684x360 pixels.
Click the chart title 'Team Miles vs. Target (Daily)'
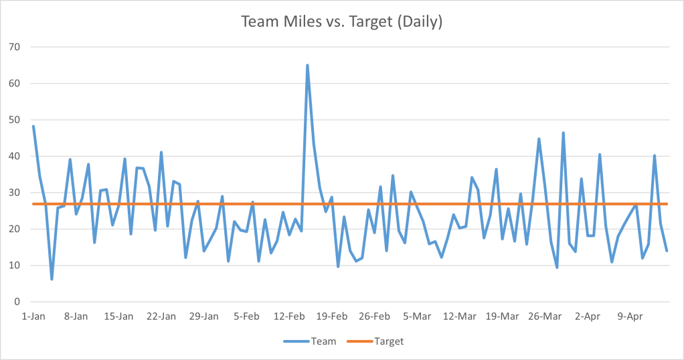tap(341, 22)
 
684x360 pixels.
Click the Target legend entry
tap(375, 341)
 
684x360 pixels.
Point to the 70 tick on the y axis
tap(14, 47)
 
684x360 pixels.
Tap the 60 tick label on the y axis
tap(14, 84)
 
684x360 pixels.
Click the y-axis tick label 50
tap(14, 120)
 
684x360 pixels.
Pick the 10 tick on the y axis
tap(14, 265)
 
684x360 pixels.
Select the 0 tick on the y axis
tap(17, 302)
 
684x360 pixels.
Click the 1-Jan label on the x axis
tap(33, 317)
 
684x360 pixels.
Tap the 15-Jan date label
tap(119, 317)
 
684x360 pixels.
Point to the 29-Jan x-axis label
tap(204, 317)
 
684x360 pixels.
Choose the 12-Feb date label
tap(290, 317)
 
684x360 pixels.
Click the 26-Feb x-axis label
tap(375, 317)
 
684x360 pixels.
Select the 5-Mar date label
tap(418, 317)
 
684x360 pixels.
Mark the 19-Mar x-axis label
tap(503, 317)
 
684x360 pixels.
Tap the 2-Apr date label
tap(588, 317)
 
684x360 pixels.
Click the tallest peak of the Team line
tap(307, 66)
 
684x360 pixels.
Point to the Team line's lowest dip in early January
tap(52, 279)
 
